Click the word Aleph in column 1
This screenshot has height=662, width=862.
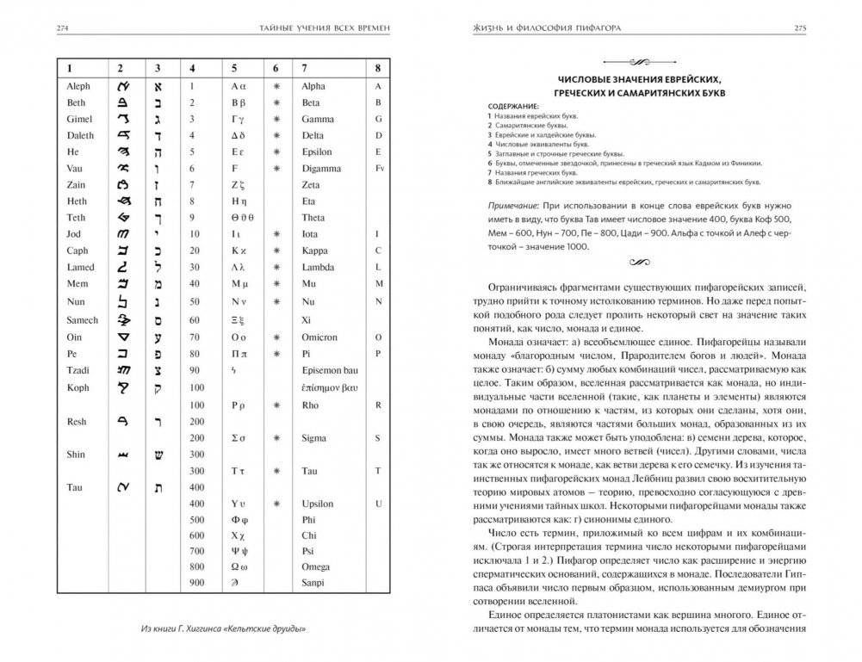coord(78,86)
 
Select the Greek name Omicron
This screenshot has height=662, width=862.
coord(319,337)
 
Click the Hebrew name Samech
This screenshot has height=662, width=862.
coord(82,320)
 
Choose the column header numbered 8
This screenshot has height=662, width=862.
coord(377,67)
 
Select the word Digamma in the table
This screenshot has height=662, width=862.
coord(321,169)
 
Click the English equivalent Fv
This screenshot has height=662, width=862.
coord(378,169)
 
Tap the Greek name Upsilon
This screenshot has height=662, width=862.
coord(318,504)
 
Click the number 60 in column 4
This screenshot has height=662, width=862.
coord(195,320)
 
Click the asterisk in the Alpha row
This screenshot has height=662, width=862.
coord(276,86)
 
